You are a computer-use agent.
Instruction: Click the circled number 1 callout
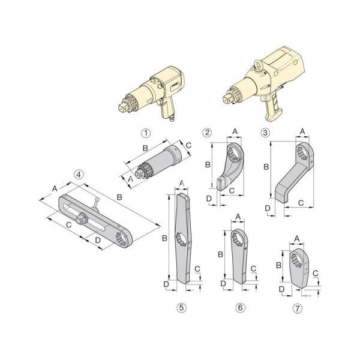pos(146,133)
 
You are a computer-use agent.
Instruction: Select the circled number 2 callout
pos(207,133)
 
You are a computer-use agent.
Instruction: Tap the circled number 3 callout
pos(265,133)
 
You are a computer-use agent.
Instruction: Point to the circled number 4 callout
pos(79,175)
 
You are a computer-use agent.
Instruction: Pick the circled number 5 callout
pos(181,308)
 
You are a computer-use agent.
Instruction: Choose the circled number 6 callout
pos(240,308)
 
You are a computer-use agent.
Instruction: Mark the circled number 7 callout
pos(298,308)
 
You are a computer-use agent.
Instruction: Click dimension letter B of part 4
pos(119,197)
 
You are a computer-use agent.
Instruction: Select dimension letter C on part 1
pos(188,145)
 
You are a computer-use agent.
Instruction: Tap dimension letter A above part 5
pos(182,183)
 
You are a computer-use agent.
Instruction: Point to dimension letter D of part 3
pos(268,208)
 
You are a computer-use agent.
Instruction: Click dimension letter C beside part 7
pos(316,274)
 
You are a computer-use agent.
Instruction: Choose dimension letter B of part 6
pos(220,254)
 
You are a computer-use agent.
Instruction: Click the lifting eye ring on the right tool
pos(257,64)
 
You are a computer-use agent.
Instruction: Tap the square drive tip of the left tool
pos(122,108)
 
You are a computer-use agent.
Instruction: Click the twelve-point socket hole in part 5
pos(181,239)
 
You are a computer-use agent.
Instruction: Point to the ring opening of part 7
pos(296,260)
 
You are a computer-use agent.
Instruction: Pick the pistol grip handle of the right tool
pos(273,109)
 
